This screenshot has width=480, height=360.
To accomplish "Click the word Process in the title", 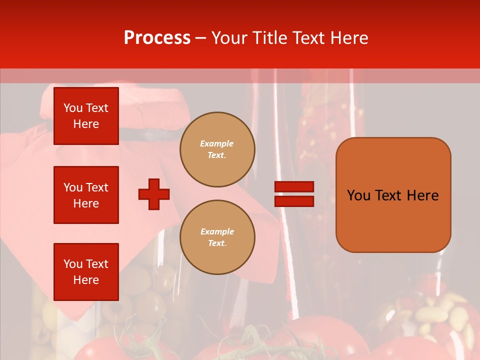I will click(157, 38).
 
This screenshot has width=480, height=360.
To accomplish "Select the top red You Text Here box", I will click(86, 116).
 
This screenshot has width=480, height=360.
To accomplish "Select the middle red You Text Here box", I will click(86, 195).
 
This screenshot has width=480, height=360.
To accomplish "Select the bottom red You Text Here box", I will click(86, 272).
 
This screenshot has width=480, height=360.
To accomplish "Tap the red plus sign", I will click(154, 194).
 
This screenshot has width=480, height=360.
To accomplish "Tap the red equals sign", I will click(294, 194).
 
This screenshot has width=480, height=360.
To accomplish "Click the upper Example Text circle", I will click(217, 149).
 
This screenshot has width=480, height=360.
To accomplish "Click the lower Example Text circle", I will click(217, 237).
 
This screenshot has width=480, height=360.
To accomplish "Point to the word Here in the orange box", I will click(422, 195).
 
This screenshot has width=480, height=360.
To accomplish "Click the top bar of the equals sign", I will click(294, 187).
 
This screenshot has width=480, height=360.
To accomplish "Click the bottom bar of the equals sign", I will click(294, 201).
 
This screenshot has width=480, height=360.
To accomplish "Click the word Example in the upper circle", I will click(216, 143).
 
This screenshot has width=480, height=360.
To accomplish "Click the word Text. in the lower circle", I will click(217, 243).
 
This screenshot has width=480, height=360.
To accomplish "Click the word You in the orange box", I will click(359, 195).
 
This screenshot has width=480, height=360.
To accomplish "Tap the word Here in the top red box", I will click(86, 124).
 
